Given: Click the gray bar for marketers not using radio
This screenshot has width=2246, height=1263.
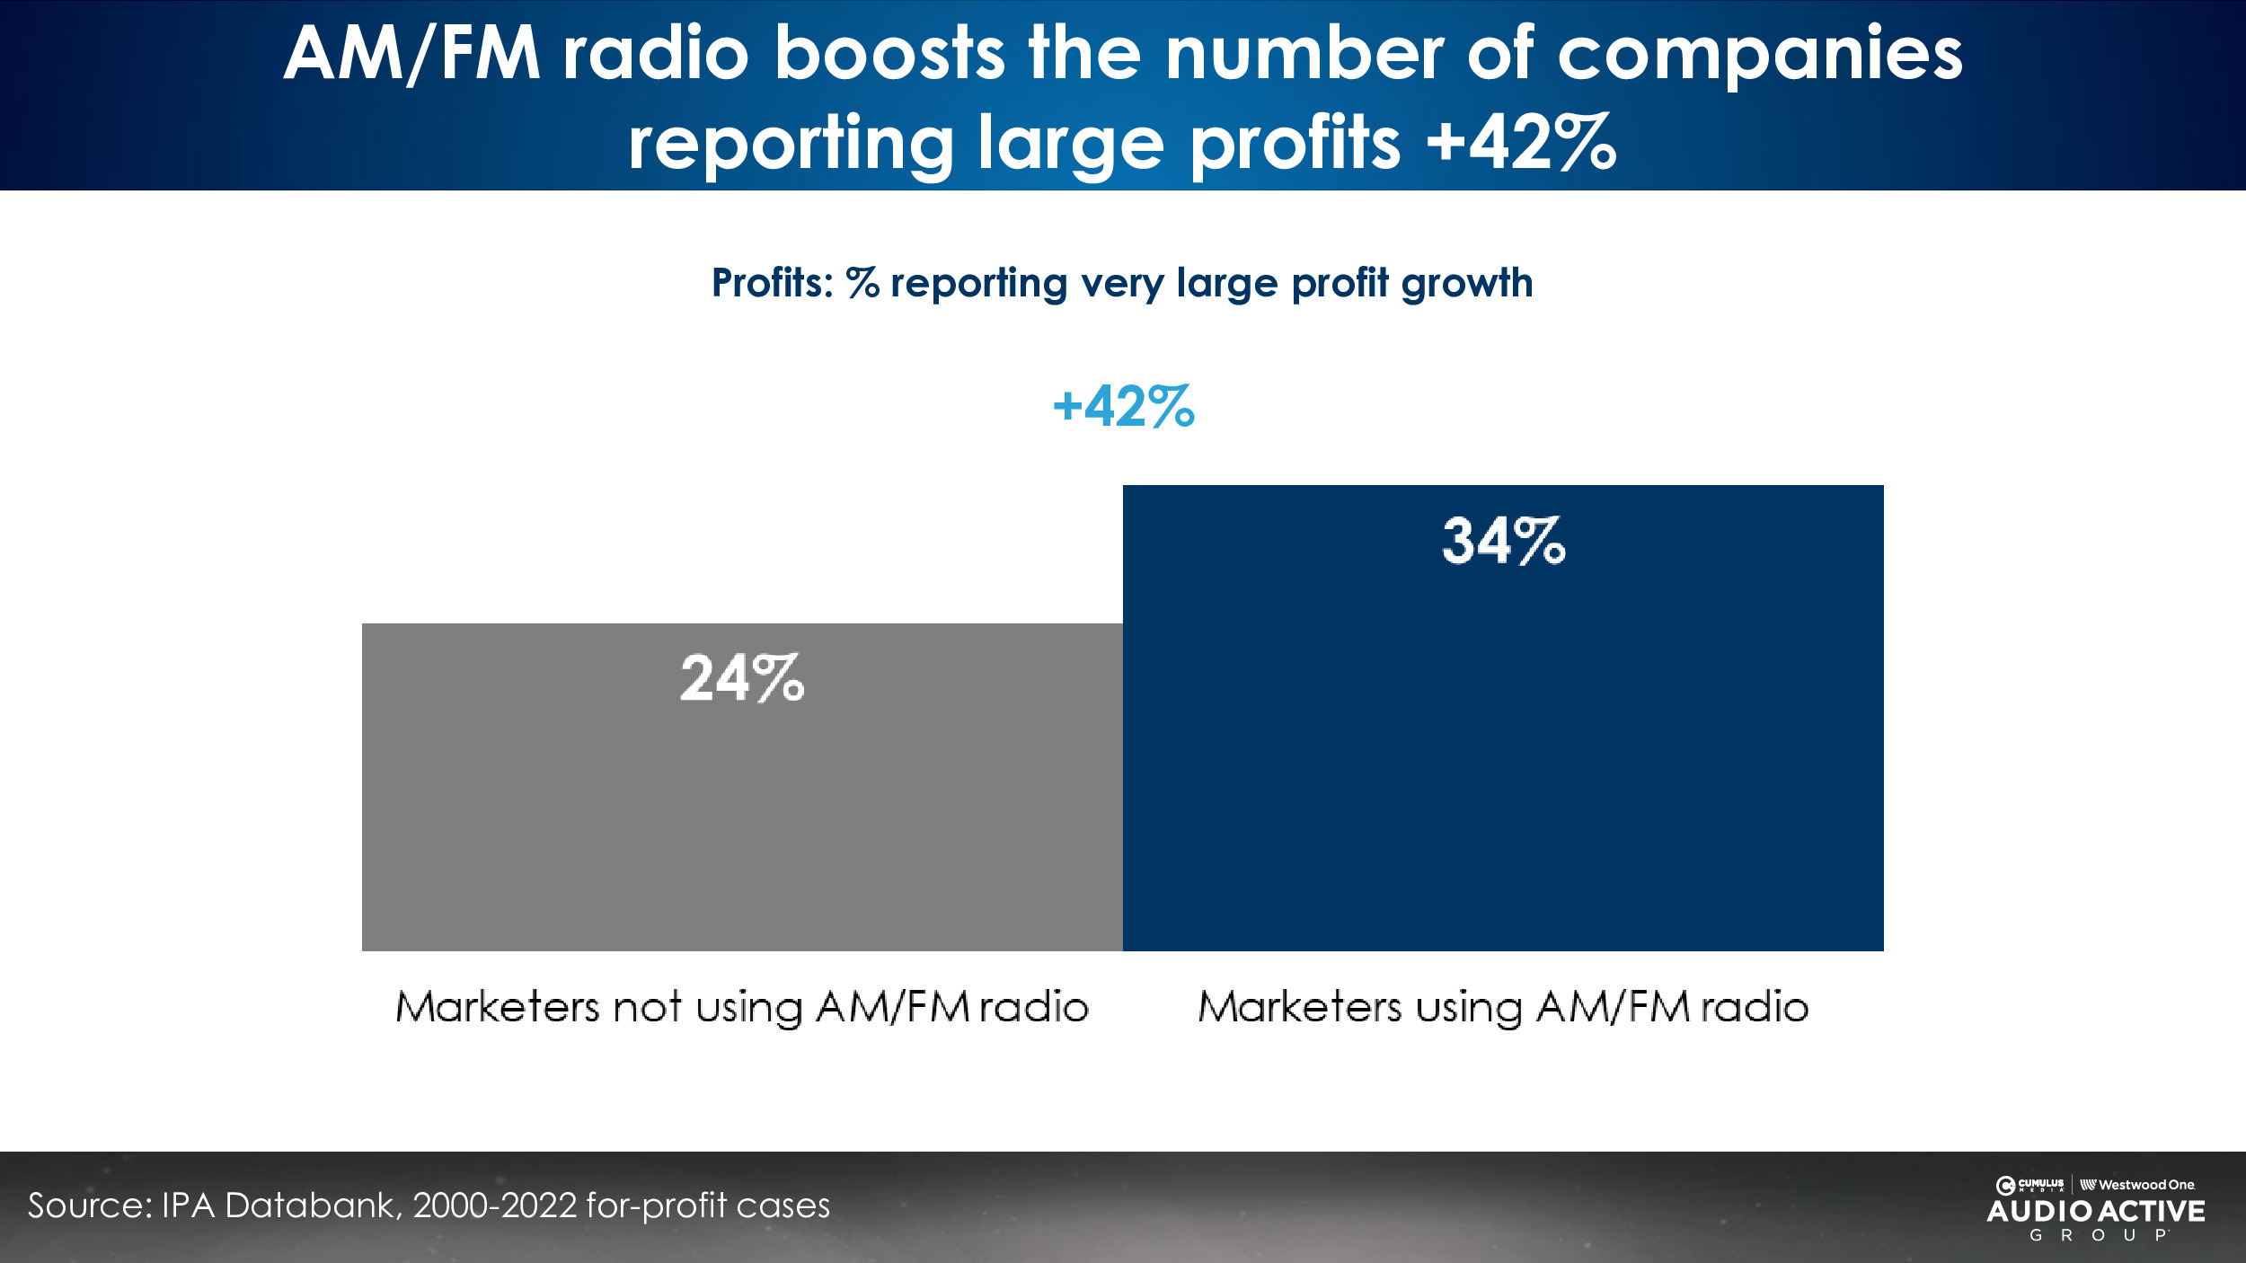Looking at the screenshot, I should click(x=742, y=808).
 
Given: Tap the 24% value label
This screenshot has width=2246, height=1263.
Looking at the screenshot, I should click(x=742, y=678).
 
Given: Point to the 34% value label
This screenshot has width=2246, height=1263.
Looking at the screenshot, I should click(x=1503, y=541).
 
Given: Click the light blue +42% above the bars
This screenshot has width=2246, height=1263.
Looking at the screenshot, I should click(x=1123, y=406).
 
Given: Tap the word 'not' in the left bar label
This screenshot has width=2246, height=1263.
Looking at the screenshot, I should click(x=647, y=1007).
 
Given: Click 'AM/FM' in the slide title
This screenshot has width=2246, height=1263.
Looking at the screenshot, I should click(x=412, y=54).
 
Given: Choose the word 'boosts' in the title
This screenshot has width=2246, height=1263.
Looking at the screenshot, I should click(x=889, y=54).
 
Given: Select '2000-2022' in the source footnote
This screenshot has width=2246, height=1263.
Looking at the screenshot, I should click(x=494, y=1206).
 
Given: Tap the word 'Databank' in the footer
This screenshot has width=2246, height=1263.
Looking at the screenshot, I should click(x=313, y=1206).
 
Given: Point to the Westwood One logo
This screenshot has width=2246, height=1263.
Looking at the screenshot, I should click(x=2137, y=1185).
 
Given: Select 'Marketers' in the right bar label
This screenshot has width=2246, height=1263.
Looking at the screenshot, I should click(x=1299, y=1007).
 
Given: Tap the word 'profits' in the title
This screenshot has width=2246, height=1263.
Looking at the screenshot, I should click(x=1295, y=144).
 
